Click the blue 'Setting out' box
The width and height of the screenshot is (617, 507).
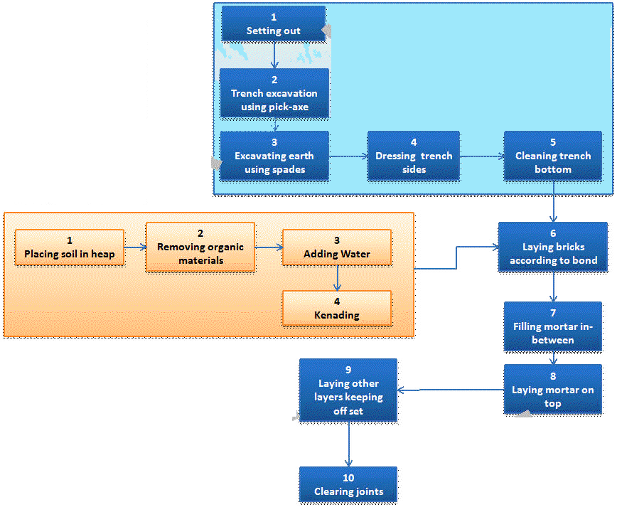(274, 23)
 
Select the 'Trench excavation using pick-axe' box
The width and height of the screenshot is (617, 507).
(274, 92)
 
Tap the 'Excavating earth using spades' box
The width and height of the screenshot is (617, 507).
(274, 155)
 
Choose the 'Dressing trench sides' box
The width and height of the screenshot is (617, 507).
(413, 155)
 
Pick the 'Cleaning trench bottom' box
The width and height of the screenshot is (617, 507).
(553, 155)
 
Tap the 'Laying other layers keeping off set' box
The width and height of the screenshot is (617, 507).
(348, 390)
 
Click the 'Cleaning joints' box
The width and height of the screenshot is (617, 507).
(348, 484)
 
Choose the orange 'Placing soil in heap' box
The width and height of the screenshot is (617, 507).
(70, 247)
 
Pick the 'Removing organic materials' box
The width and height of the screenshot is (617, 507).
(200, 247)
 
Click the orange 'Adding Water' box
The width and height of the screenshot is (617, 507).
(337, 247)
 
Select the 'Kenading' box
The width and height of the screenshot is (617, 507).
(337, 307)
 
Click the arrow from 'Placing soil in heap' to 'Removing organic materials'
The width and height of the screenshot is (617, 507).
(135, 247)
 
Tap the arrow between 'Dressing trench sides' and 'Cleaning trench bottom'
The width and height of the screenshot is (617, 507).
(481, 155)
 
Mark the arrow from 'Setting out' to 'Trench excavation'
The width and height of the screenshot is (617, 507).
(274, 54)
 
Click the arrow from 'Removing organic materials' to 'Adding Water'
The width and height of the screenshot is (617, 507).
(268, 247)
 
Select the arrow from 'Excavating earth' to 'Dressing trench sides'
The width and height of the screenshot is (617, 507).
(348, 155)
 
